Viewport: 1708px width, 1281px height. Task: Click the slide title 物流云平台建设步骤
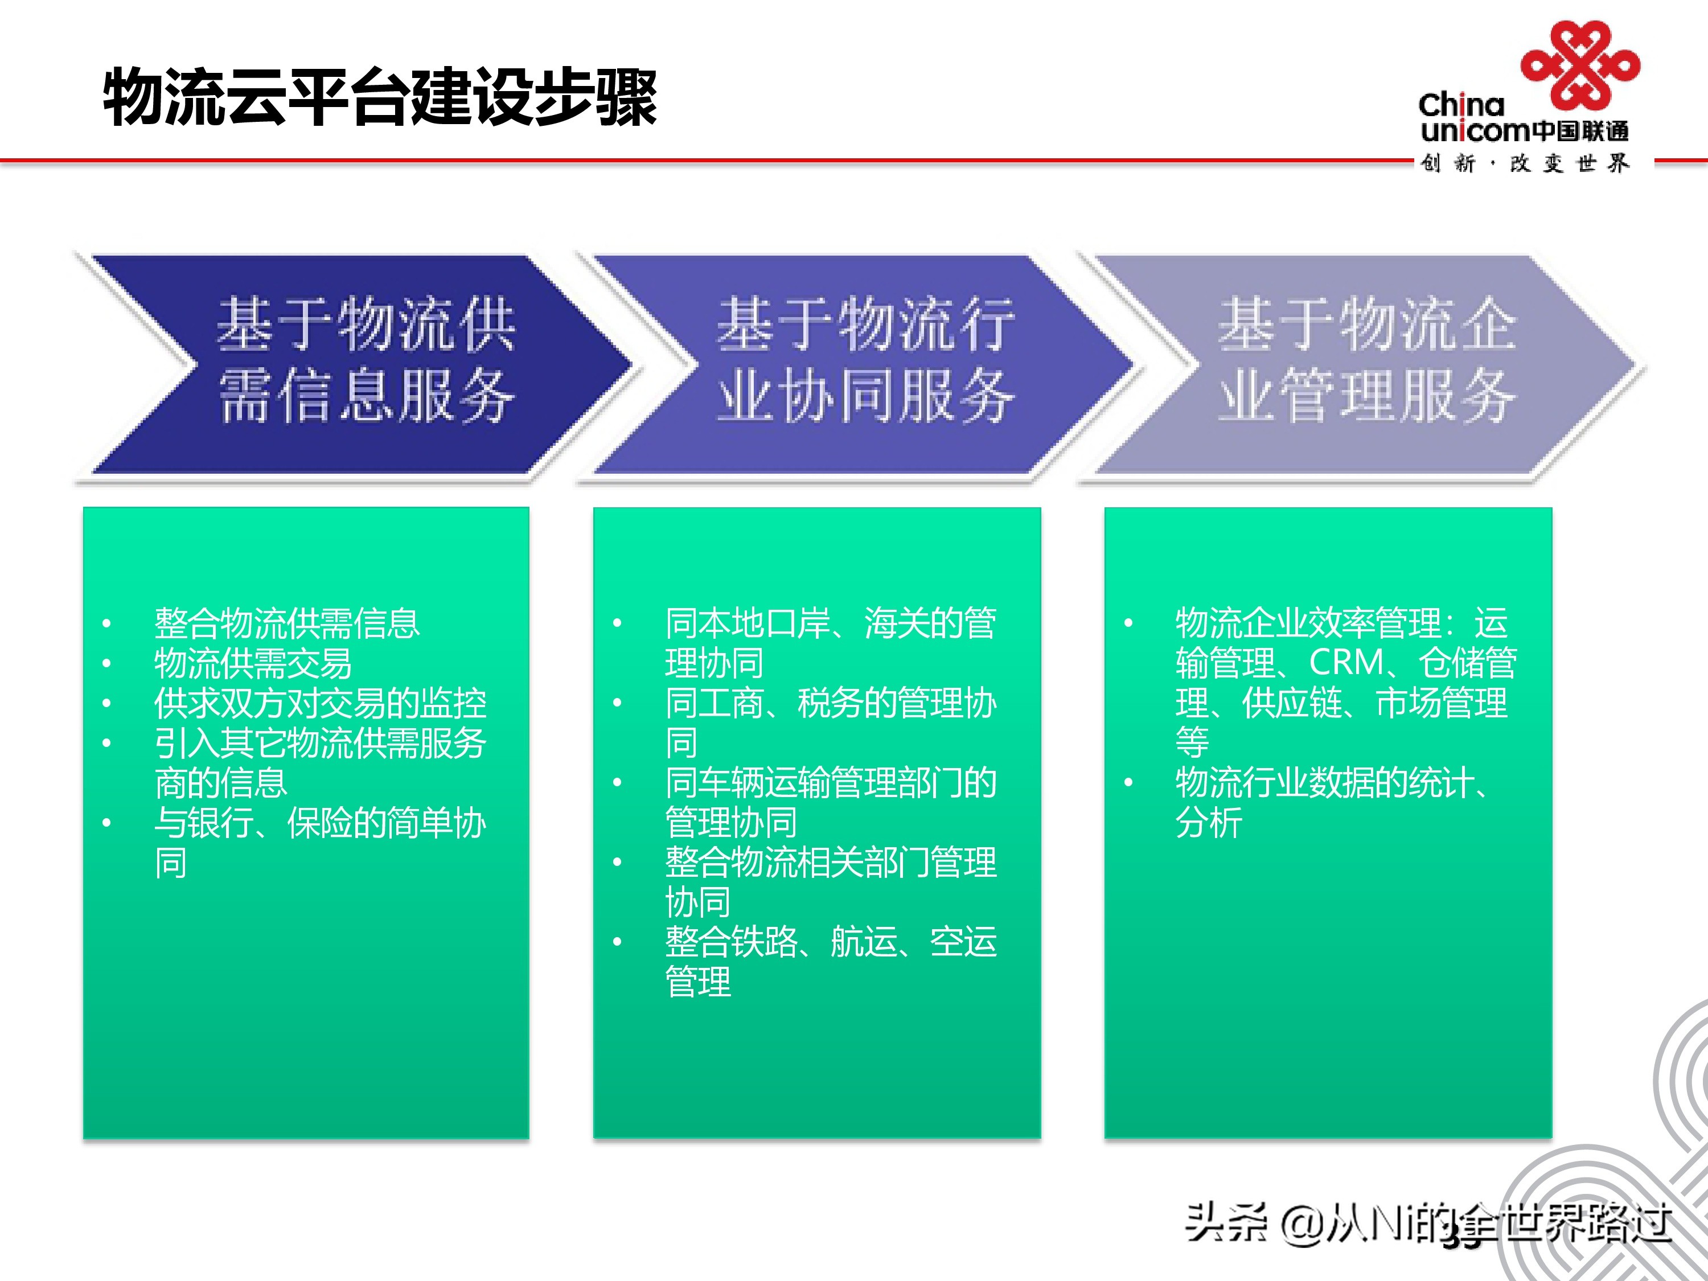pos(380,97)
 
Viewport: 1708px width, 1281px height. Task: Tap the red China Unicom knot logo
pos(1580,65)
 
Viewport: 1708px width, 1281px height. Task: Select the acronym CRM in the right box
pos(1346,663)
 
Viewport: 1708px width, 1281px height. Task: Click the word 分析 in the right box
pos(1209,823)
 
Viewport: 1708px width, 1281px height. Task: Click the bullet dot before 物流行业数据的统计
pos(1128,783)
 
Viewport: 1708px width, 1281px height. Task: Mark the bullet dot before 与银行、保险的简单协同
pos(106,823)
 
